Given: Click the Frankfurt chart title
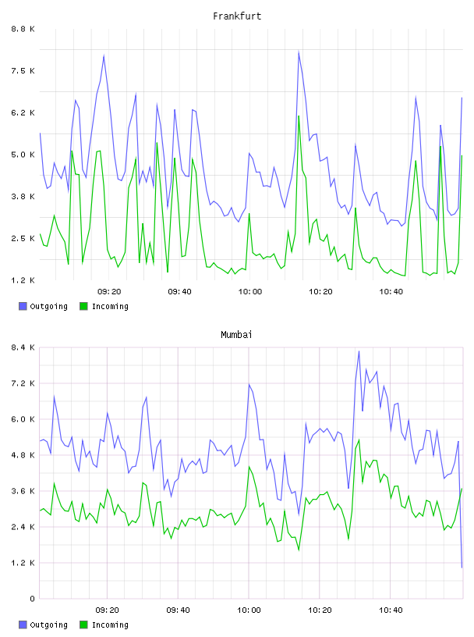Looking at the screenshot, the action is click(237, 16).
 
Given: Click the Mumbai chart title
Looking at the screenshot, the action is click(236, 335).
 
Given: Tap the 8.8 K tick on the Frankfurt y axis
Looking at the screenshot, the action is click(23, 29).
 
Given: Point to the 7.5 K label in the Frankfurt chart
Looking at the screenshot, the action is click(23, 71).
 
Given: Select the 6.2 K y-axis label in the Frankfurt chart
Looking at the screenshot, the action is click(23, 113).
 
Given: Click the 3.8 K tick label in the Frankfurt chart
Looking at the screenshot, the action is click(23, 197).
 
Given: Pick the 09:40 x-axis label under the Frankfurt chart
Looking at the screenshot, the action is click(179, 292).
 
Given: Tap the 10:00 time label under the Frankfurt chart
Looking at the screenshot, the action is click(250, 292).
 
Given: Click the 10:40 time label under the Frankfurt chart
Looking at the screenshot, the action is click(391, 292).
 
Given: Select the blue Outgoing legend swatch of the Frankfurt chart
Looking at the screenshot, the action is click(23, 306).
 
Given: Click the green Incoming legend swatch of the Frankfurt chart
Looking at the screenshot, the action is click(83, 306).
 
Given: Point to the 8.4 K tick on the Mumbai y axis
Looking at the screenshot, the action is click(23, 347).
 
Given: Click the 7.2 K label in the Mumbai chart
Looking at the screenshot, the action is click(23, 383).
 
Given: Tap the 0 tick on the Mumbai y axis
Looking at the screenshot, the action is click(32, 599).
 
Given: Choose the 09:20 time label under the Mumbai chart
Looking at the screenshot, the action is click(107, 610).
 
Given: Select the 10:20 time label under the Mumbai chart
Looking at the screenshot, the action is click(320, 610).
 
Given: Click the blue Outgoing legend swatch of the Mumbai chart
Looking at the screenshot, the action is click(23, 625).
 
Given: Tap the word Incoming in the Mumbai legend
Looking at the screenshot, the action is click(110, 625).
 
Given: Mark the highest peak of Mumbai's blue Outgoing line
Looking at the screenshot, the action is click(359, 351).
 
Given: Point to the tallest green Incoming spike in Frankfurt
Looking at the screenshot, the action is click(299, 116).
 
